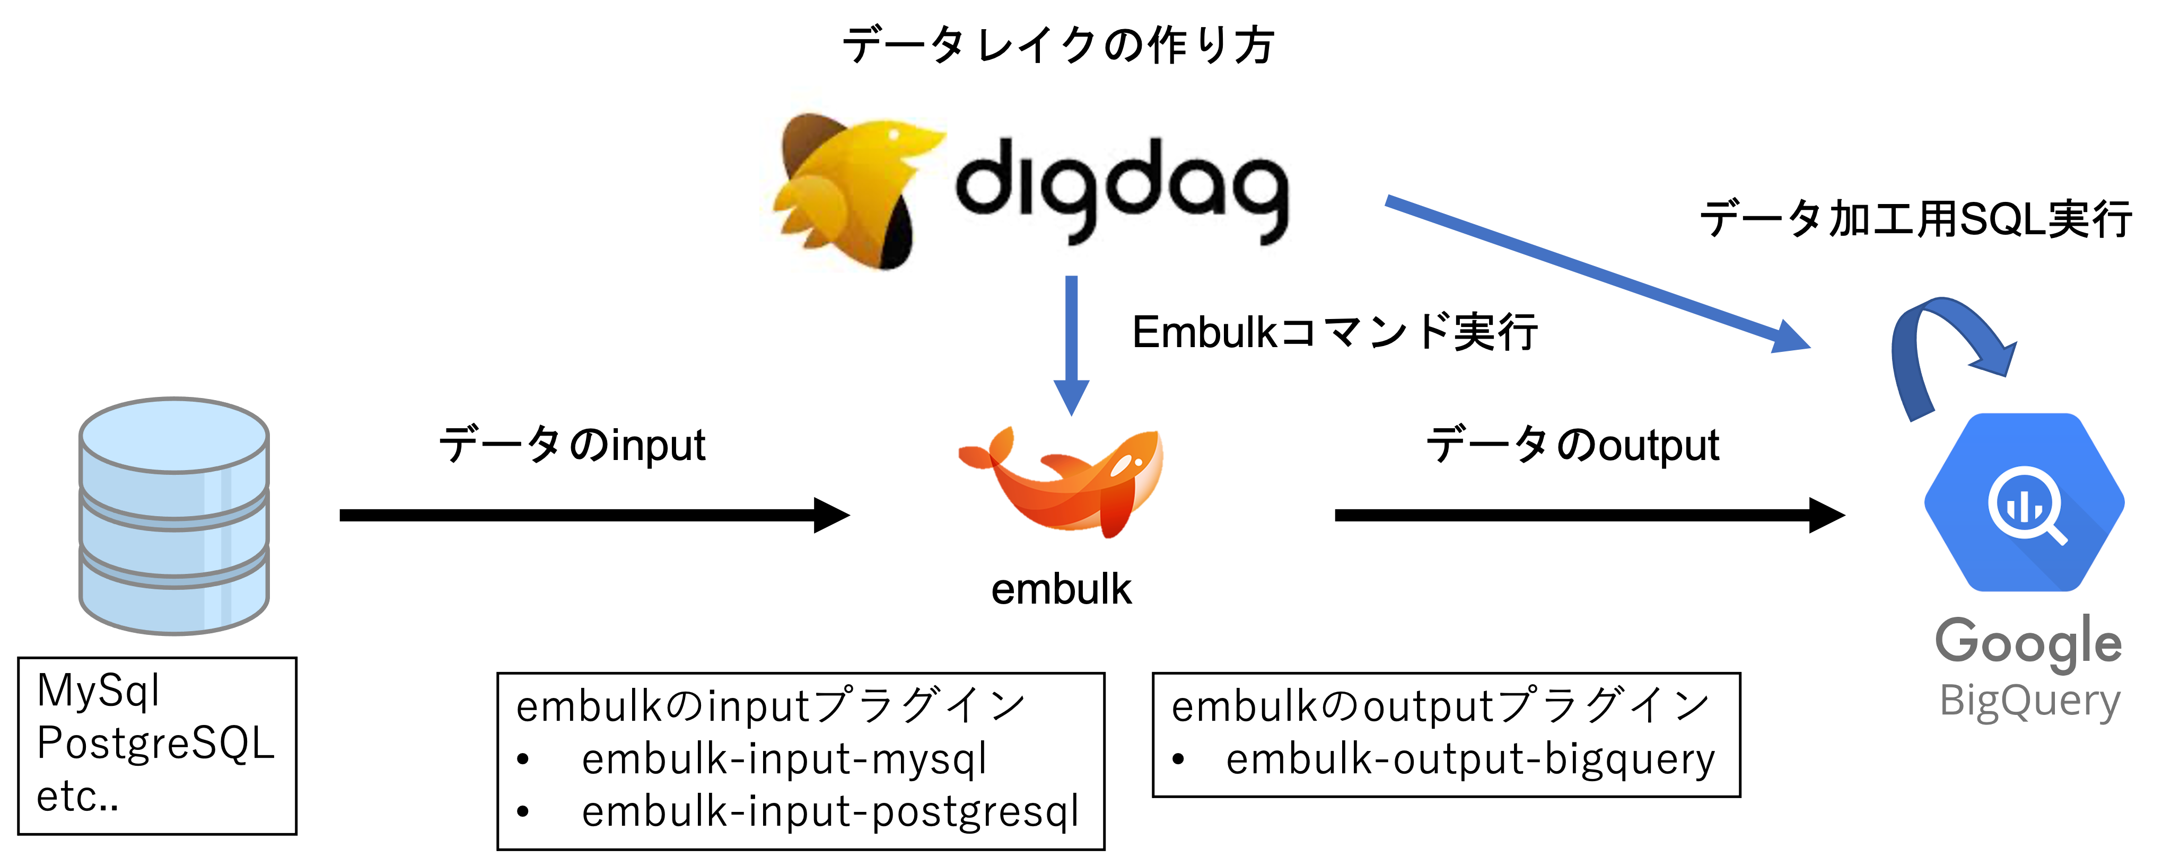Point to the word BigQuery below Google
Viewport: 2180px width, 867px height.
tap(2029, 701)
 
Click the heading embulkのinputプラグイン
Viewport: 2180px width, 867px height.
tap(770, 706)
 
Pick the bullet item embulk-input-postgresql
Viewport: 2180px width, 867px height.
tap(829, 812)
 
